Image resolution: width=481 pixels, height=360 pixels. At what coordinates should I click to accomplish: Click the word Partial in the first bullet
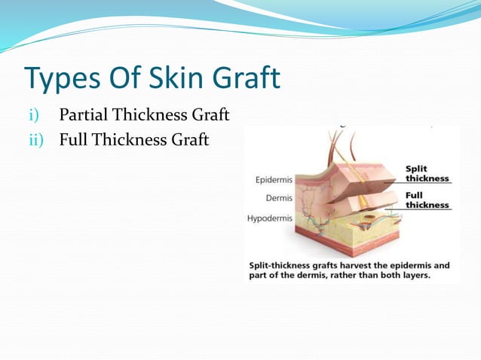pos(84,115)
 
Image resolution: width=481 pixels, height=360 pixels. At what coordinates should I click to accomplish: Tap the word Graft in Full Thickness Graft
pos(189,140)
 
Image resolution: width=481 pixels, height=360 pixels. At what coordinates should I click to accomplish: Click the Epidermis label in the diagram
pos(274,180)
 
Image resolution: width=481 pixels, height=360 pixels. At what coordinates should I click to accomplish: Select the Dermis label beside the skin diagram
pos(279,199)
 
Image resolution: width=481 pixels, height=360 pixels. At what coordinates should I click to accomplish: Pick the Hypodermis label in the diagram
pos(270,218)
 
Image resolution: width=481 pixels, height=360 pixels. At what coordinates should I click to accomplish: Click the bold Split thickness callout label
pos(427,173)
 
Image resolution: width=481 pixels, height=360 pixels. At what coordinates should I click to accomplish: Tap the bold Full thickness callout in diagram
pos(427,200)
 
